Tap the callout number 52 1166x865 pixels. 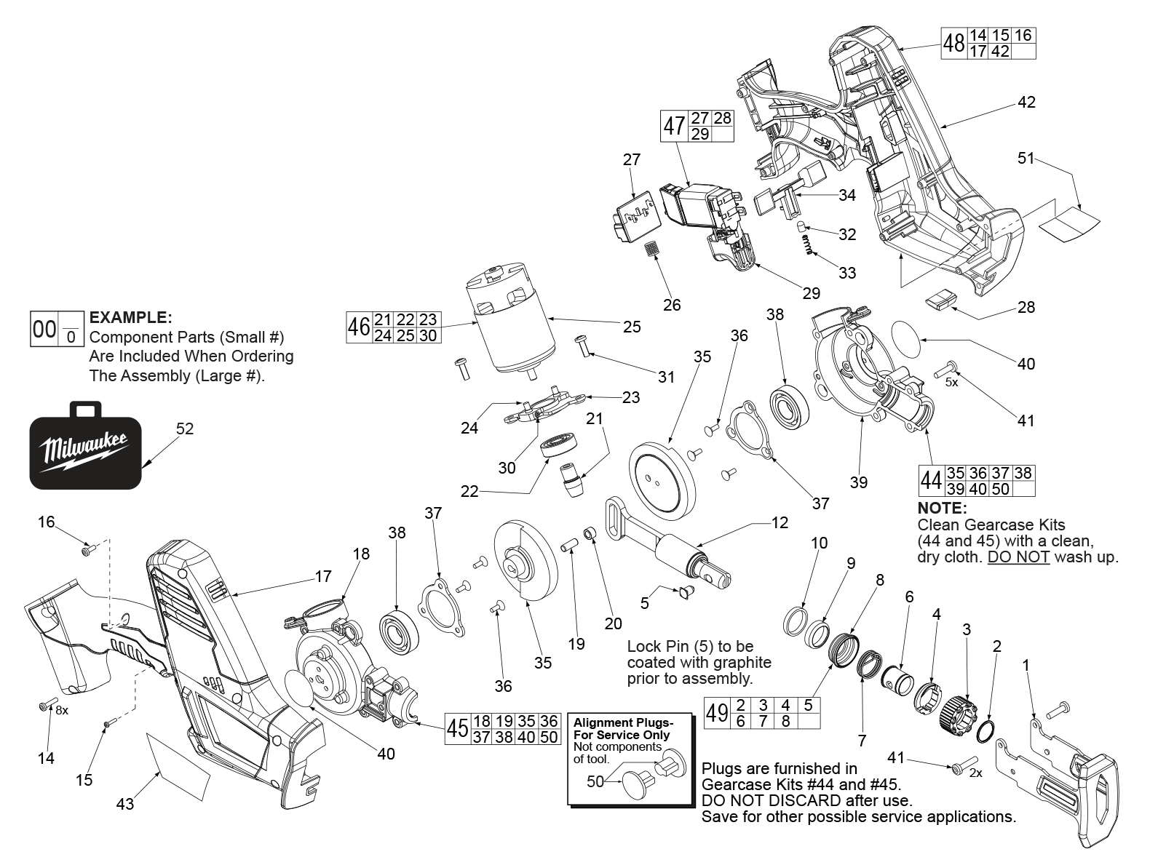(185, 428)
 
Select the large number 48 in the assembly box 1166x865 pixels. (954, 44)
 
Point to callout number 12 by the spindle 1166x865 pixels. (780, 522)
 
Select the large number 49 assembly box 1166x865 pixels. (717, 713)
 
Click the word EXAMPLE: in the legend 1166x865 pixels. (130, 318)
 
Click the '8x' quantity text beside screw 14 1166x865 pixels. (62, 711)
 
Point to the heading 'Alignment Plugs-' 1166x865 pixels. (623, 723)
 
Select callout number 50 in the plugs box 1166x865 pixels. (595, 781)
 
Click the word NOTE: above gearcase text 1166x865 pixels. (942, 508)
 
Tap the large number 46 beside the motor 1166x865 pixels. (358, 327)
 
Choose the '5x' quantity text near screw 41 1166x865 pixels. (951, 381)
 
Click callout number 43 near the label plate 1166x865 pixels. (125, 804)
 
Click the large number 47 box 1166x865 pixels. (674, 126)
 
